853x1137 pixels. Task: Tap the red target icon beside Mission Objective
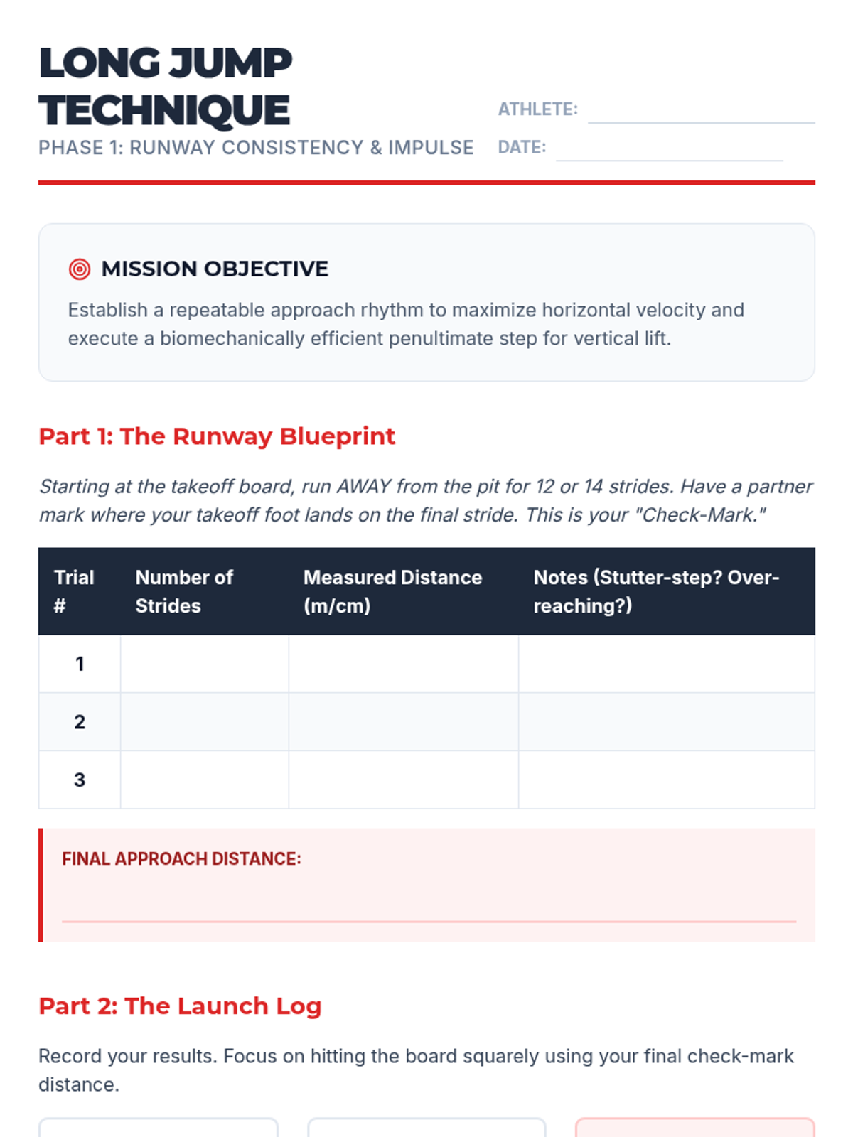(80, 269)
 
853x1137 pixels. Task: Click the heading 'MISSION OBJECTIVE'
(215, 269)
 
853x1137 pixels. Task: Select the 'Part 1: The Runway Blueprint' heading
(217, 436)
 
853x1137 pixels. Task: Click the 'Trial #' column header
(74, 591)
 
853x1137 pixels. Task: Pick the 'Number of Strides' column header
(184, 591)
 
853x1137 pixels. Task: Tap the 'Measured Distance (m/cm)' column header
(392, 591)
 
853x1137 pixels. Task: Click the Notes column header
(656, 591)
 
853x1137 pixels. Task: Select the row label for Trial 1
(80, 664)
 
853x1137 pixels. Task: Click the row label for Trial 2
(80, 722)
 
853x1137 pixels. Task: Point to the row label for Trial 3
(80, 780)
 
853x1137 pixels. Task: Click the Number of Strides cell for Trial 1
(205, 664)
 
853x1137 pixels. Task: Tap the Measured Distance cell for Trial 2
(403, 722)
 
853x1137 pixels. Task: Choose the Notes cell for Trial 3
(666, 780)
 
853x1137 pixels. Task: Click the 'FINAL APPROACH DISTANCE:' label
(181, 858)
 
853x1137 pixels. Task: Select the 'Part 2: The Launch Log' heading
(180, 1006)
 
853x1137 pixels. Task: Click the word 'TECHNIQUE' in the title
(164, 111)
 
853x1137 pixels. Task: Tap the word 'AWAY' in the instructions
(363, 487)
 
